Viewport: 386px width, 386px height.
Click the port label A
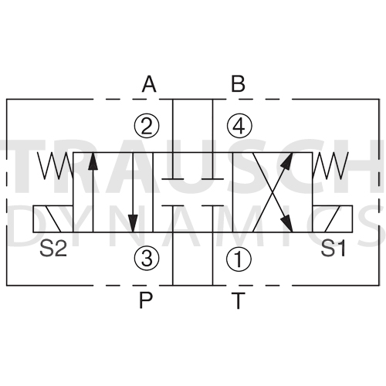(149, 84)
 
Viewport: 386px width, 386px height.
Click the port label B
(238, 84)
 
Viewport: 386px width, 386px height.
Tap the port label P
(146, 300)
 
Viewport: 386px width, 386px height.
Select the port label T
(238, 300)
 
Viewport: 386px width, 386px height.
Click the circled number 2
(147, 126)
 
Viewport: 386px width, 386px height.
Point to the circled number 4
(239, 126)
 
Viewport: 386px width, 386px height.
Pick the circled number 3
(147, 259)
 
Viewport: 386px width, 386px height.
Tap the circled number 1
(239, 259)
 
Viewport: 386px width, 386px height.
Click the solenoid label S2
(53, 249)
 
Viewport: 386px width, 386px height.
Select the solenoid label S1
(334, 249)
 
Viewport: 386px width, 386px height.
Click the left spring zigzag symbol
(56, 165)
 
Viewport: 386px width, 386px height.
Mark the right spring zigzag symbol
(330, 165)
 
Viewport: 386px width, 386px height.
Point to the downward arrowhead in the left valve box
(133, 223)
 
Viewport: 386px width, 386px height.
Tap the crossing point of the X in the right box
(273, 192)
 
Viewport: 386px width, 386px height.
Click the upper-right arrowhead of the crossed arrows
(288, 161)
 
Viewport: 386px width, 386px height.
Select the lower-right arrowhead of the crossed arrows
(287, 224)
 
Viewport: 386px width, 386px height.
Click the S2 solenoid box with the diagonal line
(53, 218)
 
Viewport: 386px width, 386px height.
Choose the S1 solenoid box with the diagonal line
(333, 218)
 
